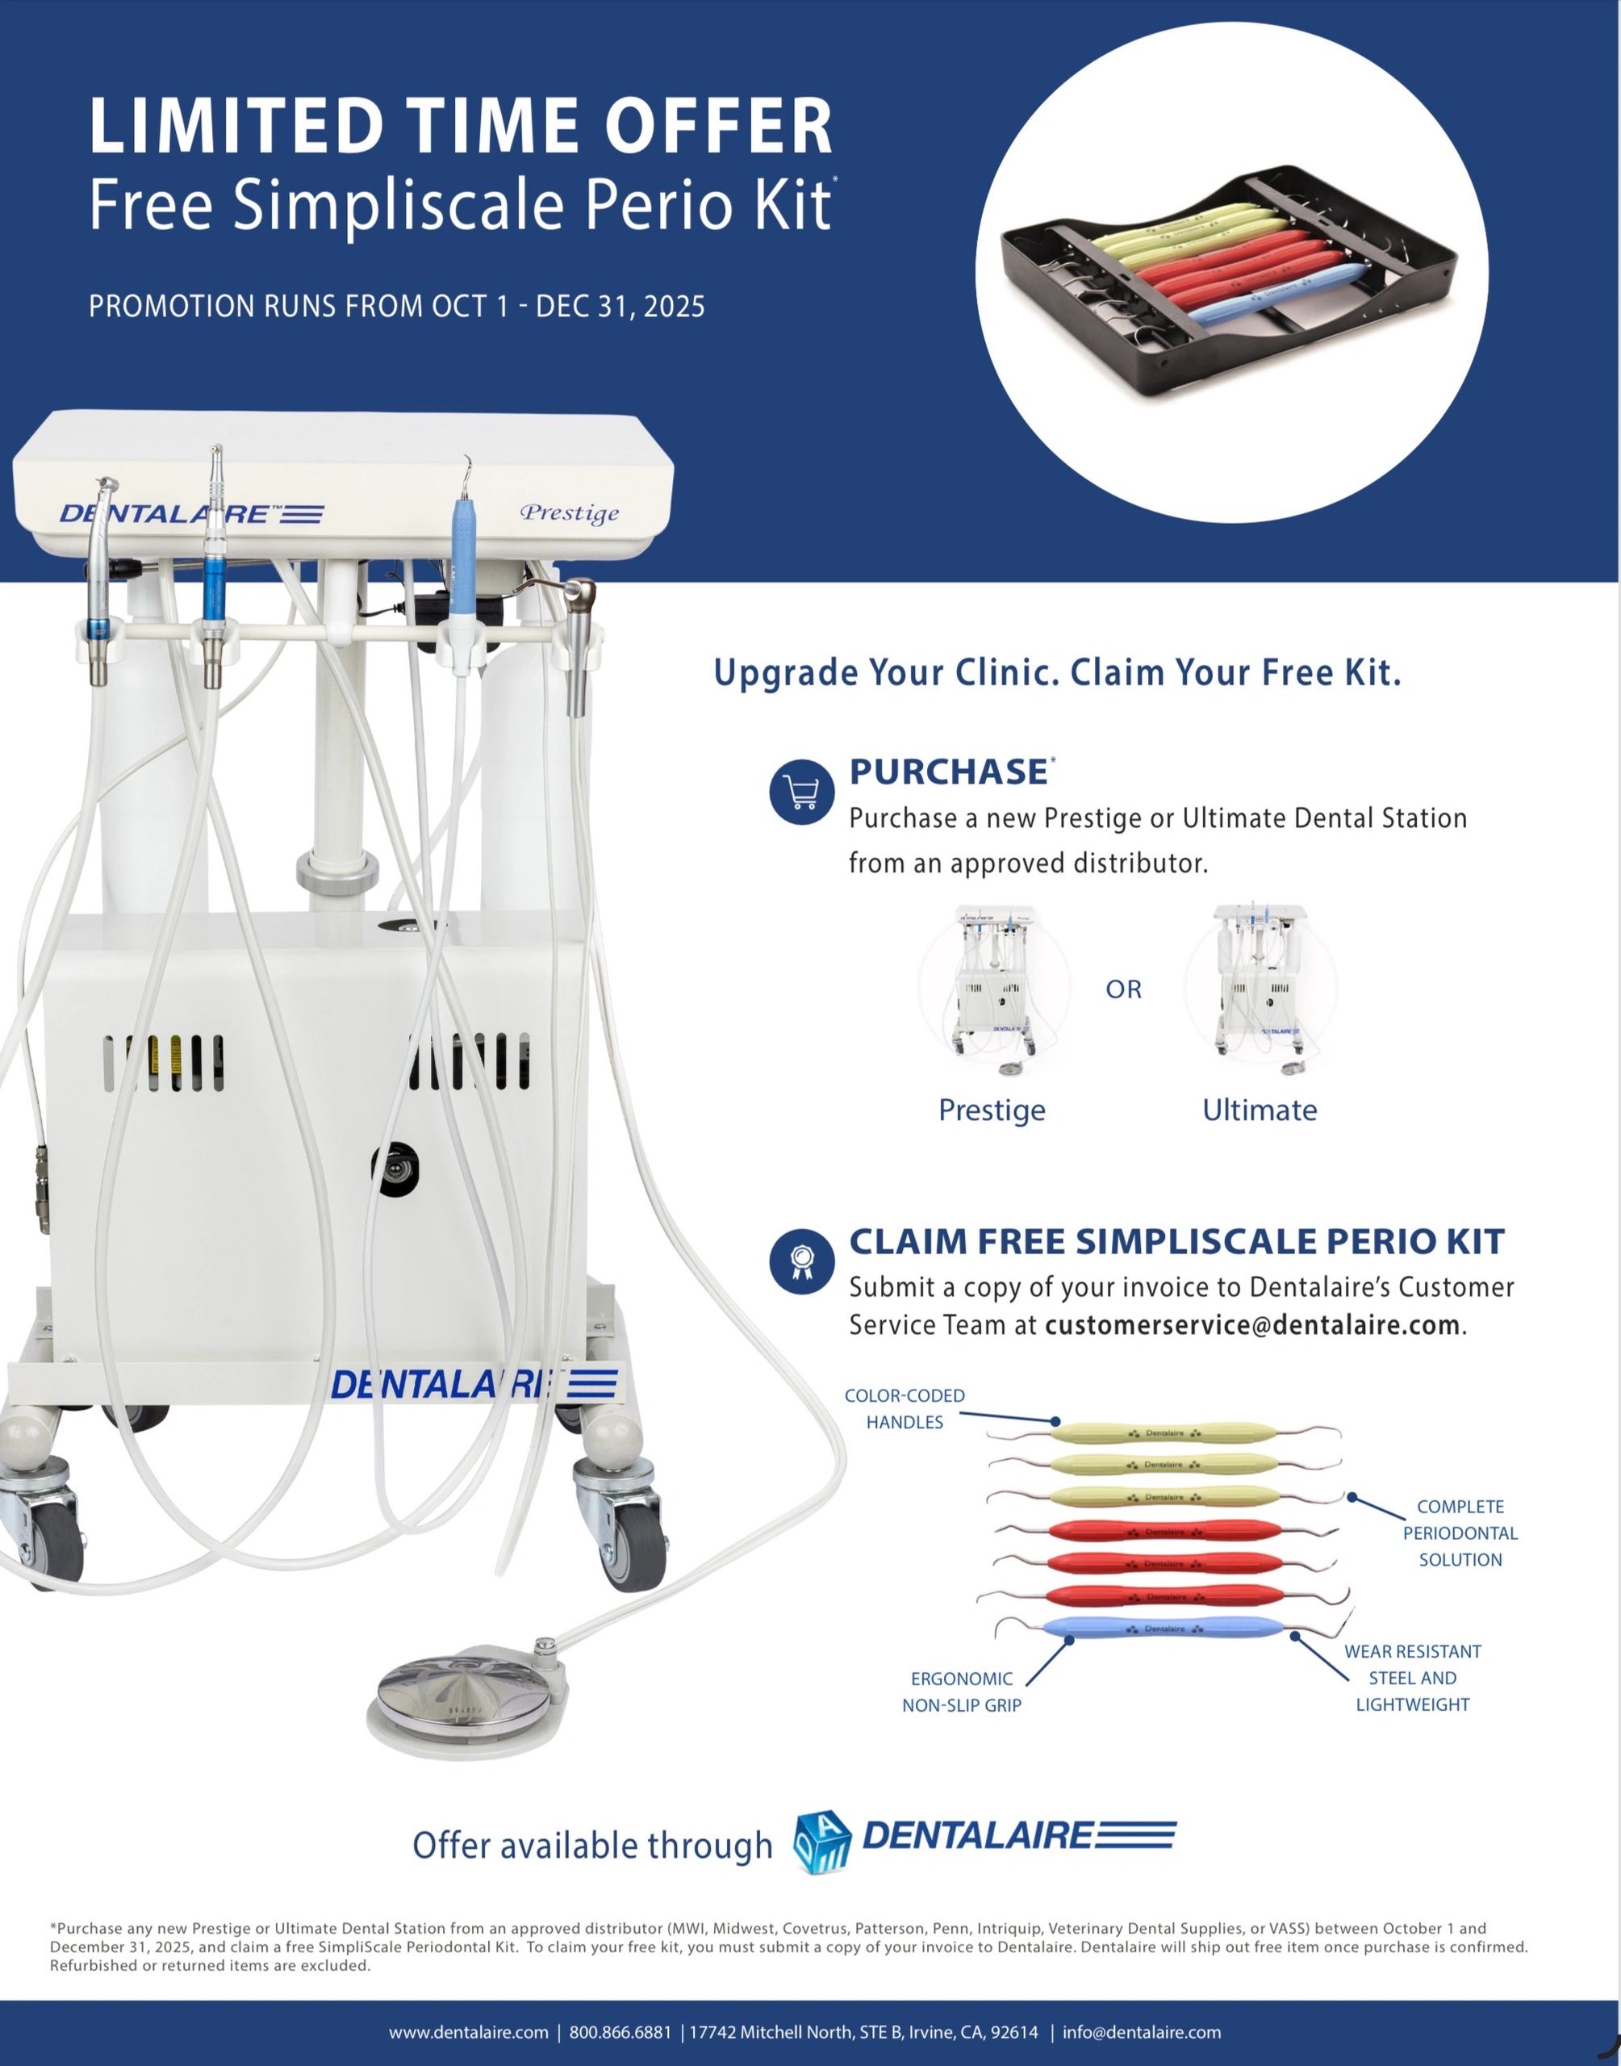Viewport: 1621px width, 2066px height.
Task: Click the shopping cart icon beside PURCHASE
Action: (x=802, y=793)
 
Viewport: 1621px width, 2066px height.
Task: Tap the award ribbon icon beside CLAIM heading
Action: (x=802, y=1261)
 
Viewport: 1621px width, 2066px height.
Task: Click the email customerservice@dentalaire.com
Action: (x=1251, y=1325)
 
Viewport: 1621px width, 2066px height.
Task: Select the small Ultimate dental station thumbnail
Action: (x=1260, y=989)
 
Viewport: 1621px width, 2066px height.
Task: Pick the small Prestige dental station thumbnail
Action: (x=994, y=989)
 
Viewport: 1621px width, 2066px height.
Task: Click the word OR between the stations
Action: (x=1124, y=989)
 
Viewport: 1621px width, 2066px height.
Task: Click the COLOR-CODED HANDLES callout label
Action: (x=905, y=1408)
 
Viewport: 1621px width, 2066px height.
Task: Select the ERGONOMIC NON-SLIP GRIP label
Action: (x=962, y=1692)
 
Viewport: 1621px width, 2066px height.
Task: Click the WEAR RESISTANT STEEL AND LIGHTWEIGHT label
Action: (x=1412, y=1678)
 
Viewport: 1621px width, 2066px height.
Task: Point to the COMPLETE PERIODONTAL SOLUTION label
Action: (x=1460, y=1533)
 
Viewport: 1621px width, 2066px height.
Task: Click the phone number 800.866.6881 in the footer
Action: (x=620, y=2032)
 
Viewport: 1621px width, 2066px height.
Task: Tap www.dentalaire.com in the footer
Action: (x=469, y=2032)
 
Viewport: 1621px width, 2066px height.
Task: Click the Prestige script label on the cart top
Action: (x=570, y=512)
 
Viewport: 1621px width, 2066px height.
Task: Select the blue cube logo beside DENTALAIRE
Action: (x=822, y=1842)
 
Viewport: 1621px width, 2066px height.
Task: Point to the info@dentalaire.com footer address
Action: (x=1142, y=2032)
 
